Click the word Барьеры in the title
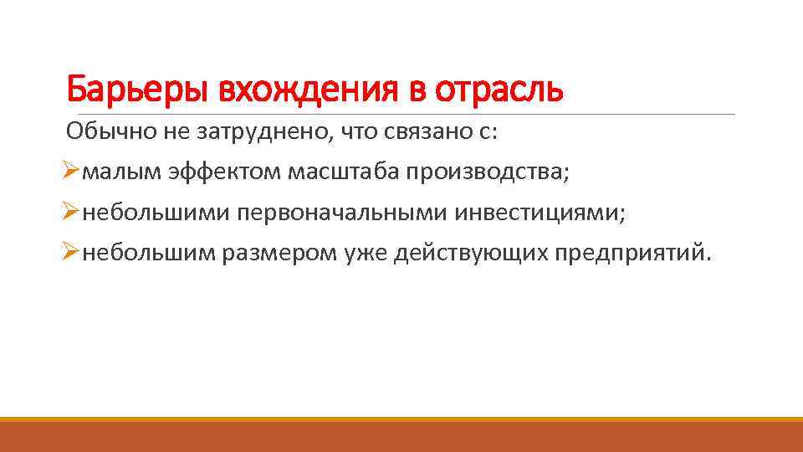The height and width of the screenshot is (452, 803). click(x=137, y=88)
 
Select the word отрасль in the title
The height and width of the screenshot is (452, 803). click(x=499, y=88)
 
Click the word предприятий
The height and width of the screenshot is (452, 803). click(x=634, y=254)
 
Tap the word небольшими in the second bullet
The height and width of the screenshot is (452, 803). click(x=156, y=213)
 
